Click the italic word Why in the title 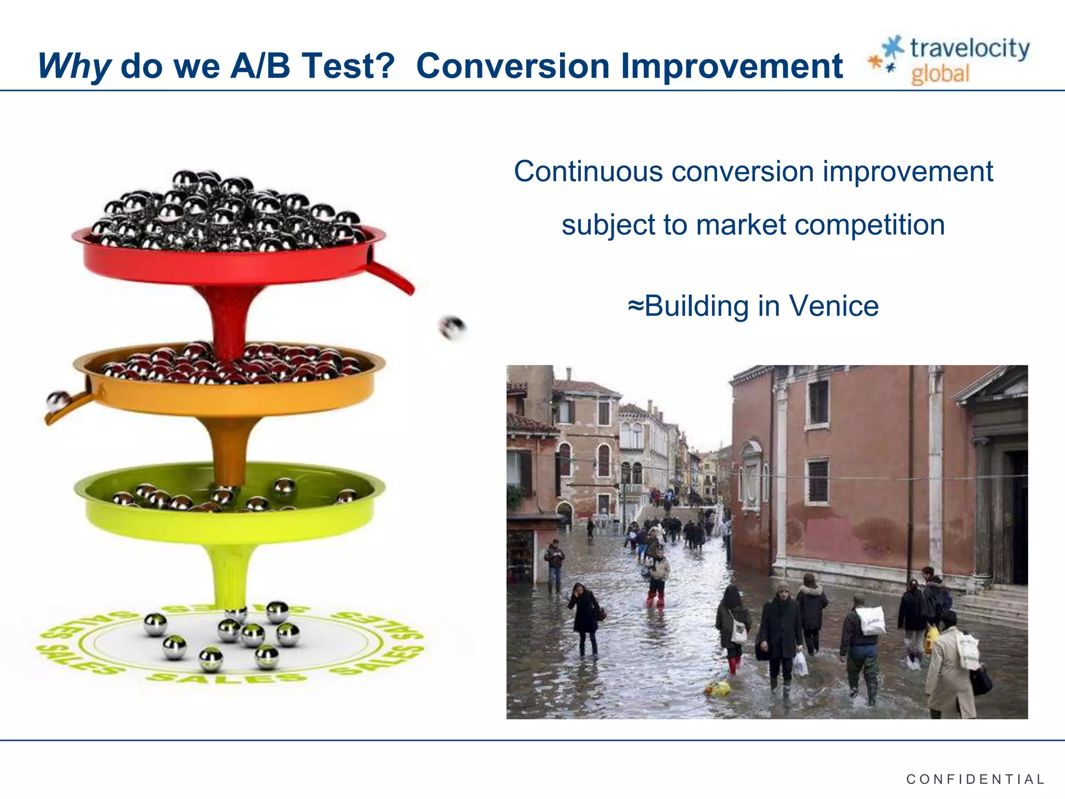[74, 67]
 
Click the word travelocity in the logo [969, 48]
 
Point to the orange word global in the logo [940, 74]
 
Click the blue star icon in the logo [893, 47]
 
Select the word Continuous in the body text [588, 171]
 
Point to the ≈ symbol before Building [635, 305]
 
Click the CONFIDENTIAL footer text [975, 779]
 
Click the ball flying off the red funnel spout [452, 327]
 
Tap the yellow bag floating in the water [717, 689]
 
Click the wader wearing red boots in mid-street [657, 577]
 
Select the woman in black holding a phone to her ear [585, 616]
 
